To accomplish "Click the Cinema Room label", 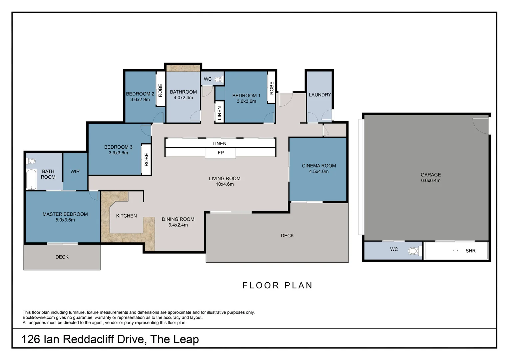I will click(319, 166).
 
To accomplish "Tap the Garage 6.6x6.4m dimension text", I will click(430, 181).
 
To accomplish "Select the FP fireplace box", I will click(221, 153).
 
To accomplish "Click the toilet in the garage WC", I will click(414, 251).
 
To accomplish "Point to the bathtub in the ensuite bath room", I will click(31, 180).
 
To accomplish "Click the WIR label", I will click(75, 171).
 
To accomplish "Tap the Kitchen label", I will click(126, 216).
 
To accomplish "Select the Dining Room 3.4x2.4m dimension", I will click(178, 225).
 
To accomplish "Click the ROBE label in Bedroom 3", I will click(147, 160).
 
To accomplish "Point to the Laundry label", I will click(320, 95).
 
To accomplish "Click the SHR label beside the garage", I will click(470, 251).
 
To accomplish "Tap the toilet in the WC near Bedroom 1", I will click(218, 79).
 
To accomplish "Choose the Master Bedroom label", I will click(65, 214).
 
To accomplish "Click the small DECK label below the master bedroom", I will click(62, 257).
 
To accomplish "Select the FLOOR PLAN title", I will click(277, 285).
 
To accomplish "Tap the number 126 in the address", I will click(31, 339).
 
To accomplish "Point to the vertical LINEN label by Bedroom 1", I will click(220, 113).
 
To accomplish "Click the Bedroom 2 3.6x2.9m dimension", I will click(140, 100).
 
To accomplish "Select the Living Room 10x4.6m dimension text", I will click(225, 184).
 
